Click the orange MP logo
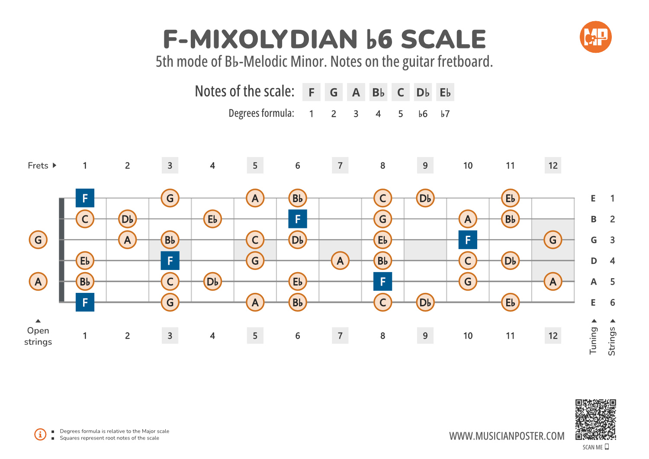click(595, 37)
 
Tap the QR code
click(595, 419)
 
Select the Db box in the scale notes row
click(423, 93)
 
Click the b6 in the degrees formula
click(423, 114)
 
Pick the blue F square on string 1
click(85, 198)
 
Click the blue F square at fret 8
click(382, 282)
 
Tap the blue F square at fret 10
click(468, 240)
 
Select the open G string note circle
click(38, 240)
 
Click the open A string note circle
click(38, 282)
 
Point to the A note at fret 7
click(340, 261)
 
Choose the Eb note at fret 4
click(212, 219)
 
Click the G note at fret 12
click(553, 240)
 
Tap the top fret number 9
click(425, 166)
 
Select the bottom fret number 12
click(553, 336)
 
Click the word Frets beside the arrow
click(38, 166)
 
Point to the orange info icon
click(40, 434)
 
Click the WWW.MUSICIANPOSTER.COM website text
click(507, 436)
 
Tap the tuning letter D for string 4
click(594, 261)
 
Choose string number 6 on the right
click(612, 302)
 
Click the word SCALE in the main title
click(443, 39)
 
